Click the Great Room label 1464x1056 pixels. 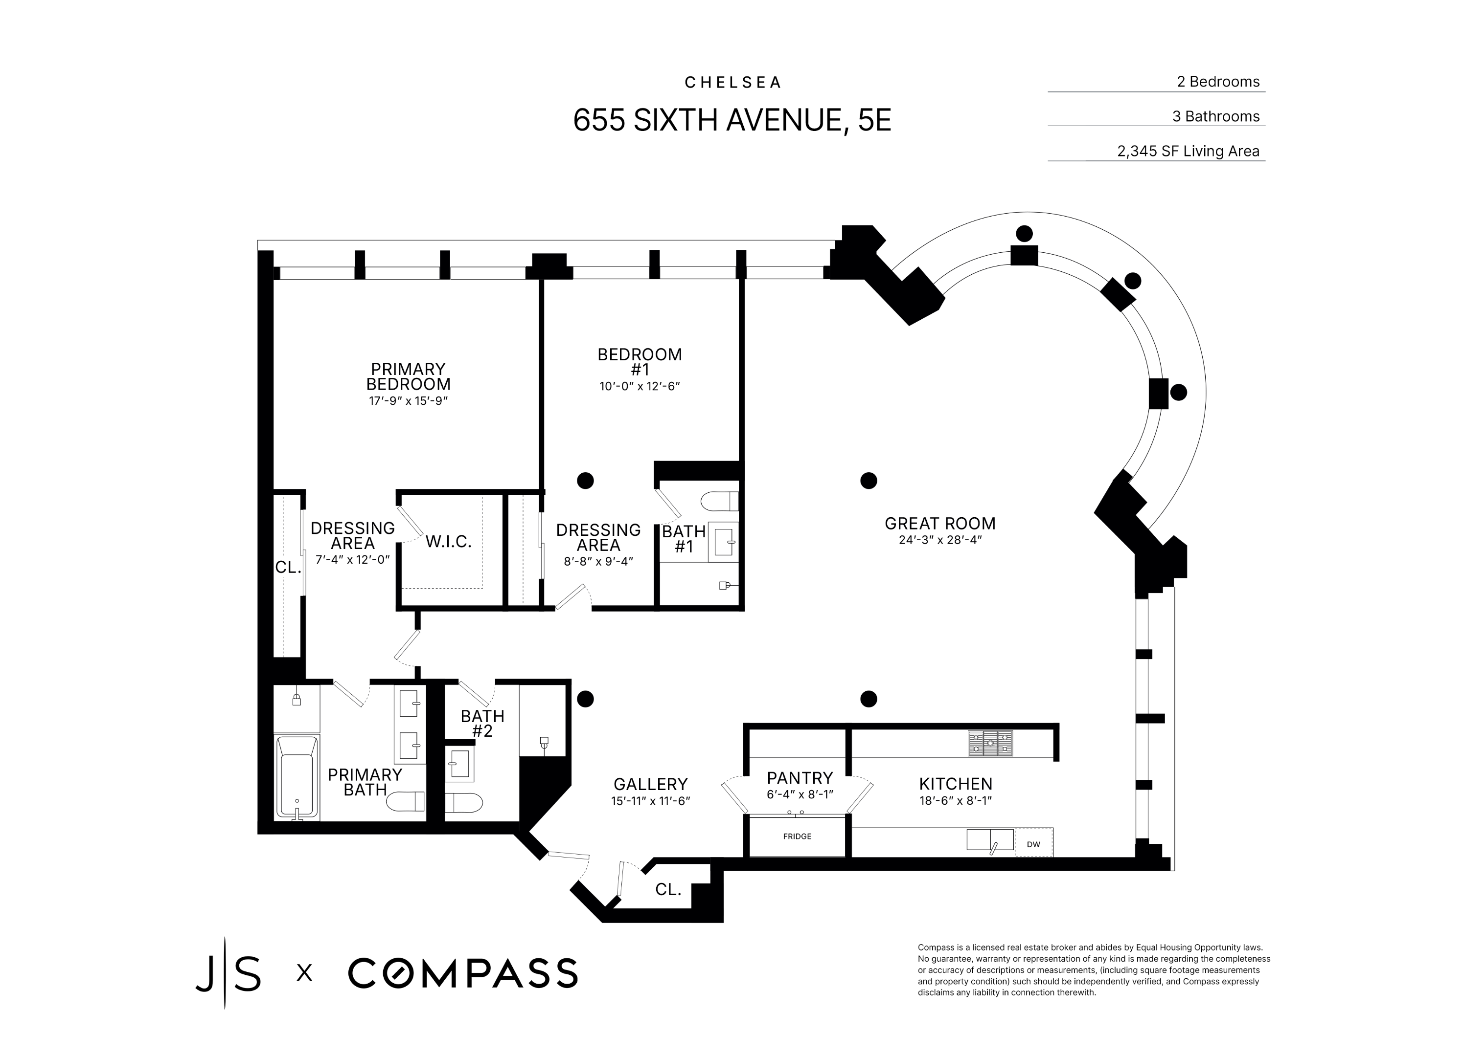coord(940,523)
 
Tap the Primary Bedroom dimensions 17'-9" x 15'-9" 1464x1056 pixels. coord(408,400)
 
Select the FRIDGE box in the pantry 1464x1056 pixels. coord(797,836)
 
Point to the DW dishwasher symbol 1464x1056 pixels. coord(1033,844)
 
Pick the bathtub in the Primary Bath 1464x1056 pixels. coord(297,778)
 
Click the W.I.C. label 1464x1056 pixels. coord(449,542)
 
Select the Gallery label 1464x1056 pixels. coord(651,784)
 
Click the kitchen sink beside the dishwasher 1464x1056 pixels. coord(989,840)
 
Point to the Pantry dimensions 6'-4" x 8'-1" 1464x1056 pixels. coord(800,795)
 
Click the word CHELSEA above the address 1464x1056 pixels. coord(732,83)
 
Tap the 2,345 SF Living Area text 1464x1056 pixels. coord(1189,151)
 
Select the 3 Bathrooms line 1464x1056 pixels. coord(1216,116)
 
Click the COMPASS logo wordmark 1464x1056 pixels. coord(463,973)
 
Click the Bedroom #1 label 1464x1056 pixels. coord(640,362)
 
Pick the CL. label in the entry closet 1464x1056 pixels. coord(668,890)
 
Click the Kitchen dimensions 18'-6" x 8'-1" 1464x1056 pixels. coord(955,800)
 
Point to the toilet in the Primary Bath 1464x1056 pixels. coord(405,801)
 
